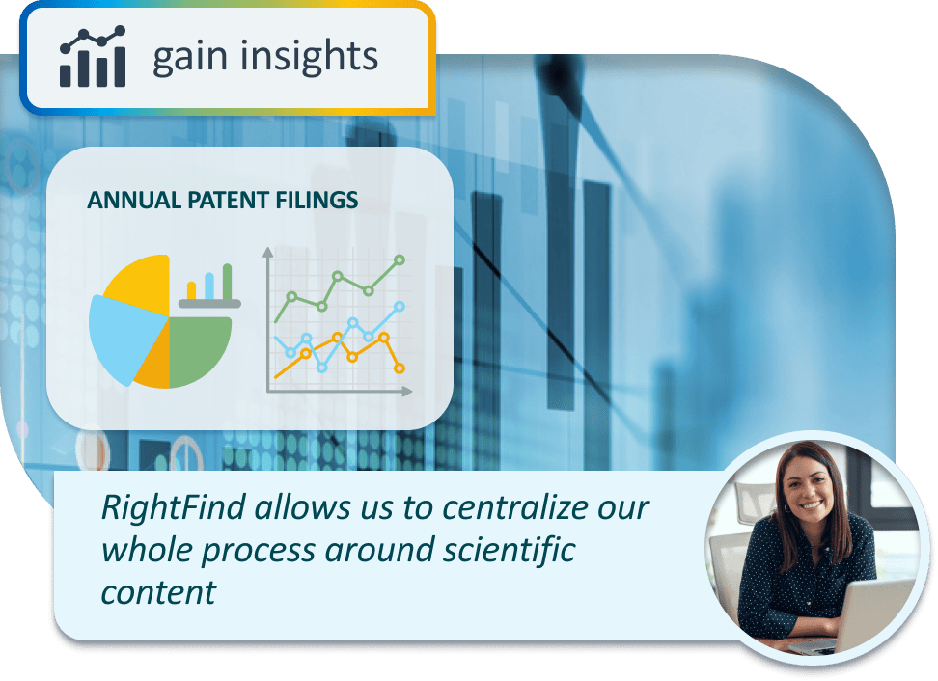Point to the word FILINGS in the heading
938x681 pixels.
[317, 201]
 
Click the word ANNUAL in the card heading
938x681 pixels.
[134, 201]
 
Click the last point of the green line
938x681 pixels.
[400, 260]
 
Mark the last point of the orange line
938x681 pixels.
[400, 368]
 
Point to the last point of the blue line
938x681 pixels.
[400, 306]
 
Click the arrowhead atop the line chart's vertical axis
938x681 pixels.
[268, 252]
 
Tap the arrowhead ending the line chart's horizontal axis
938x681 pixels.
[407, 392]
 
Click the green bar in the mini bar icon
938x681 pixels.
[228, 281]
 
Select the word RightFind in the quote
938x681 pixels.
[174, 507]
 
